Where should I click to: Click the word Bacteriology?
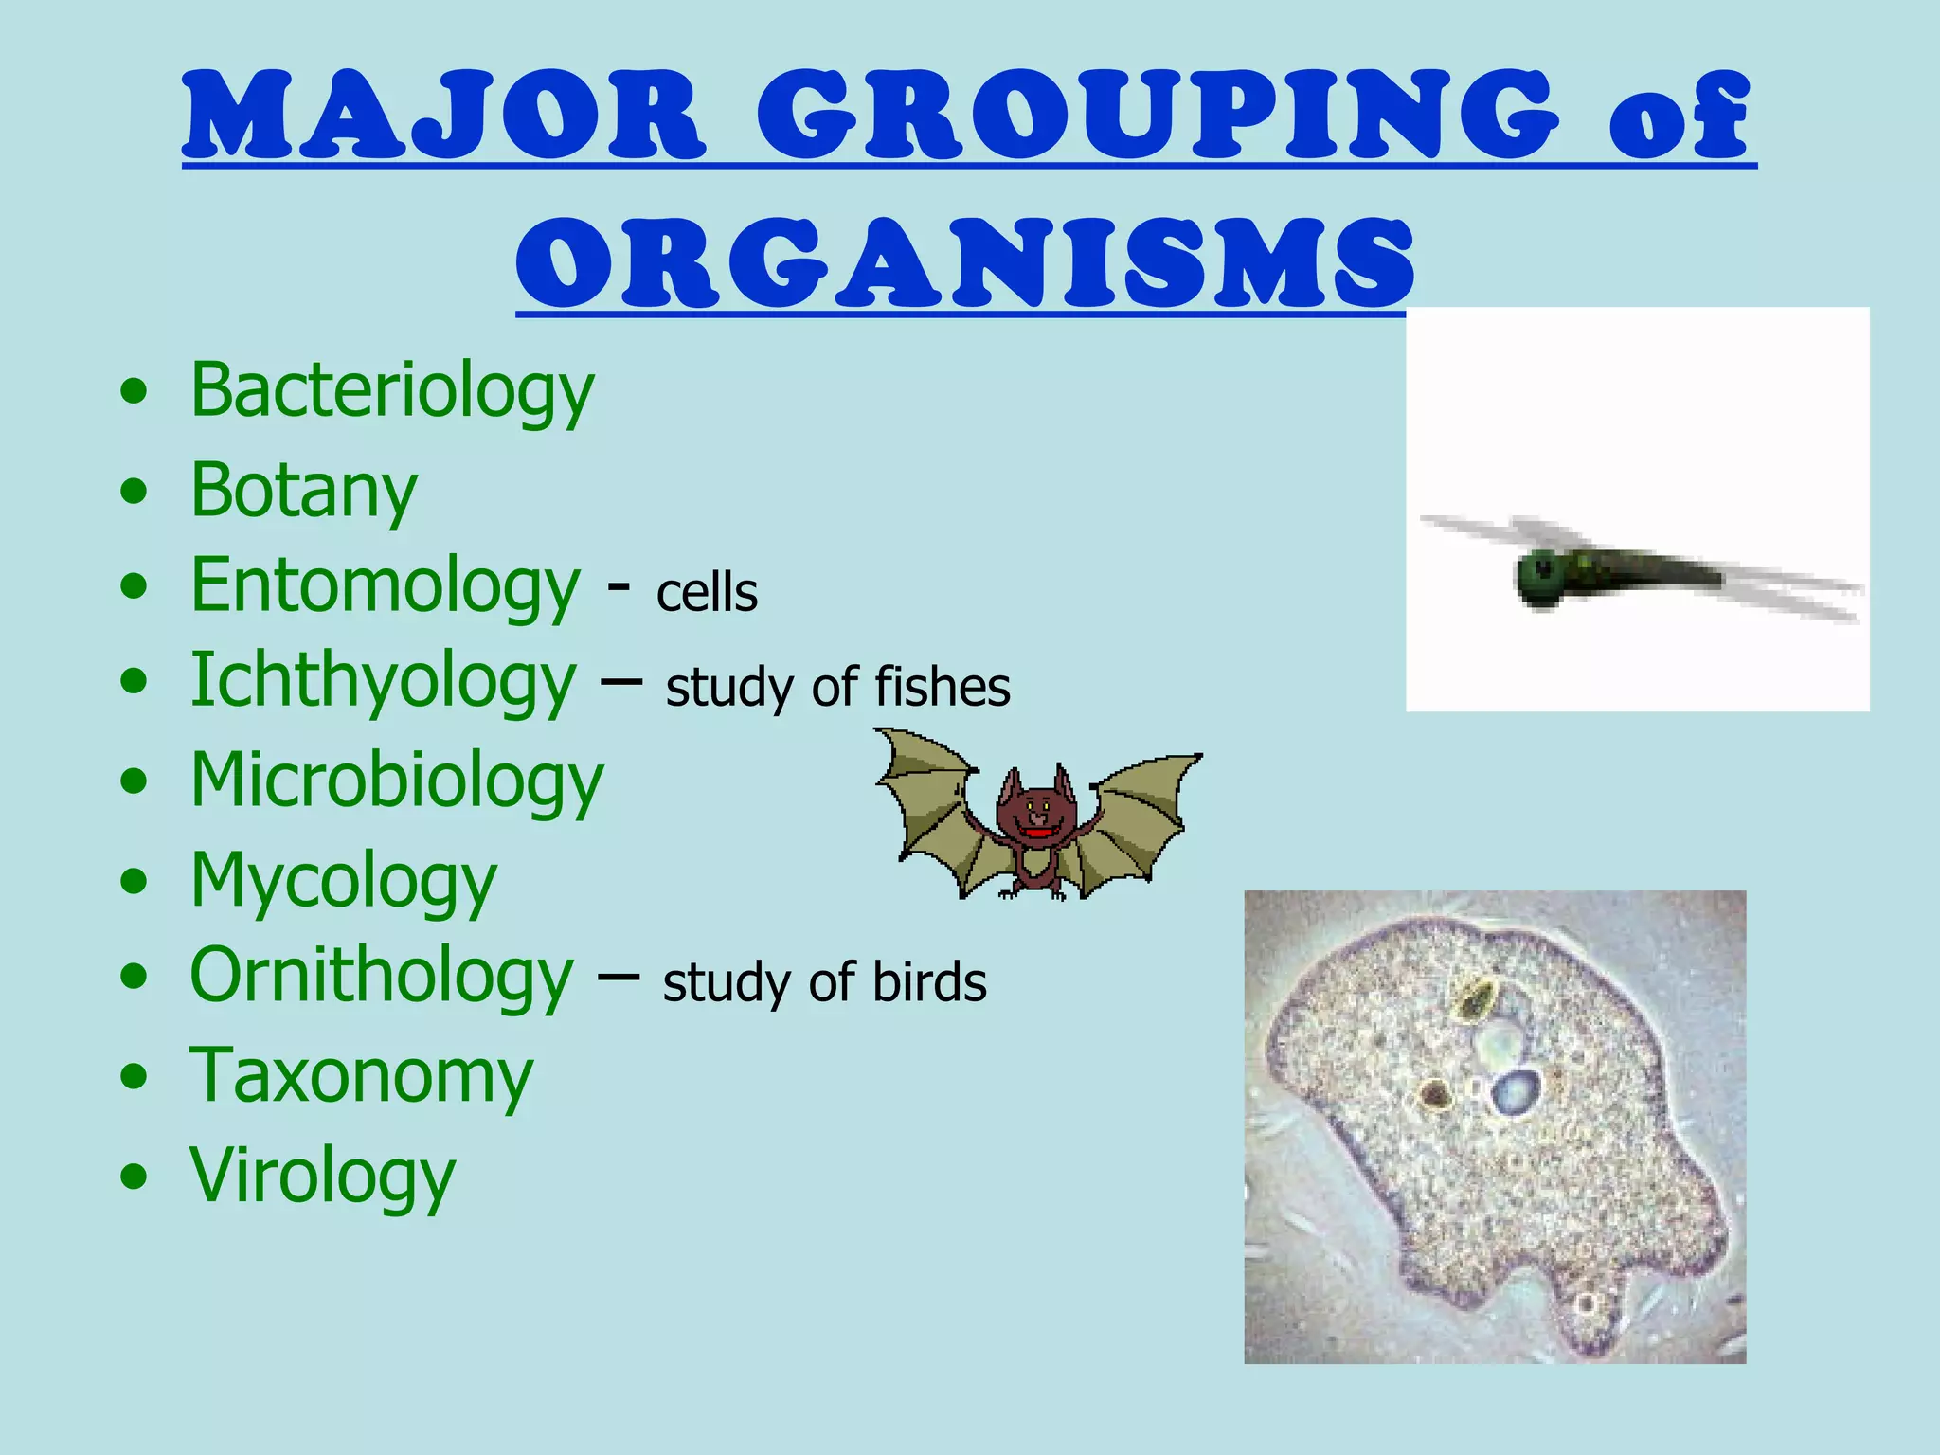(x=391, y=390)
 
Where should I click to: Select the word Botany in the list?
(x=303, y=490)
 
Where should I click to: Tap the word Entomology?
(x=385, y=586)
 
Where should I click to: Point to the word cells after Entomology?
(x=707, y=594)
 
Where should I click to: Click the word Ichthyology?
(x=383, y=681)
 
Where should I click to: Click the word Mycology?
(x=343, y=881)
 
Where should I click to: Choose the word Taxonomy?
(x=361, y=1077)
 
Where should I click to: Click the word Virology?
(x=322, y=1176)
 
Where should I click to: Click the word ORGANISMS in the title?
(x=965, y=262)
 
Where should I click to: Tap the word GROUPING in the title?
(x=1158, y=116)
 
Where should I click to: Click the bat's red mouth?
(x=1039, y=833)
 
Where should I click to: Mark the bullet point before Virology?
(x=135, y=1177)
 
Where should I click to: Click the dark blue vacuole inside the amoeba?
(x=1517, y=1092)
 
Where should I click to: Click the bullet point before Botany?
(x=135, y=491)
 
